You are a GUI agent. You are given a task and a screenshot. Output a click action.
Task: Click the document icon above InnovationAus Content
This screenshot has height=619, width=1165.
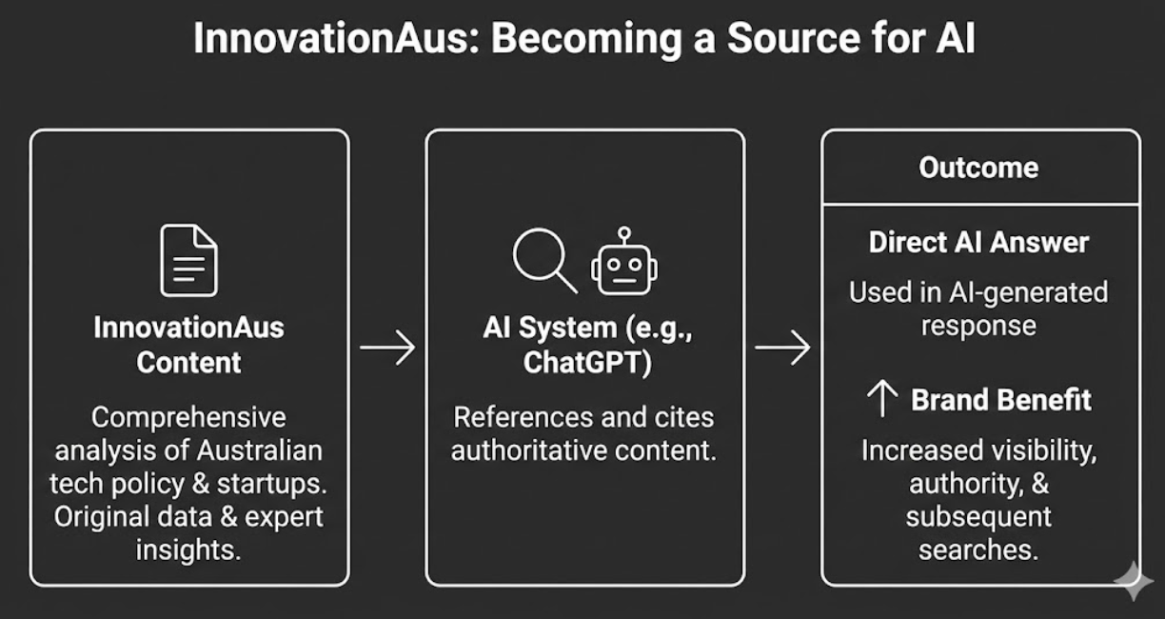pyautogui.click(x=188, y=260)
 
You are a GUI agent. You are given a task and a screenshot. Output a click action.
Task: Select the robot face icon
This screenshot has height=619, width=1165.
pyautogui.click(x=624, y=263)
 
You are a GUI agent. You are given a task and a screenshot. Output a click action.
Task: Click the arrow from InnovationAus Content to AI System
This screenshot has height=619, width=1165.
pyautogui.click(x=387, y=348)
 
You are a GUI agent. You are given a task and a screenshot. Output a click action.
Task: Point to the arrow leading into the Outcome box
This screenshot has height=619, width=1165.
pyautogui.click(x=782, y=348)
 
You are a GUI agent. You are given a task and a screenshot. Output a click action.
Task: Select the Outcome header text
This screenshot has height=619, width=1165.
pyautogui.click(x=978, y=168)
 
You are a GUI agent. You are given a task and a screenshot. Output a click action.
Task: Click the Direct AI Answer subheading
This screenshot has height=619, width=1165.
pyautogui.click(x=978, y=242)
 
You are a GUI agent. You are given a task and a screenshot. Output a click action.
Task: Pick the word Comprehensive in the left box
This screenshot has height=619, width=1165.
pyautogui.click(x=188, y=417)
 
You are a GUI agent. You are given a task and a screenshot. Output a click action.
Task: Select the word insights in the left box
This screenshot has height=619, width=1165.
pyautogui.click(x=188, y=549)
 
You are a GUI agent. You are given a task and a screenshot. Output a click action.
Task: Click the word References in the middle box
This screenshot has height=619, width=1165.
pyautogui.click(x=515, y=417)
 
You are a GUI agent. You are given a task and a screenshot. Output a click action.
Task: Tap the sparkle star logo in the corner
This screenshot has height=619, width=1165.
pyautogui.click(x=1134, y=581)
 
